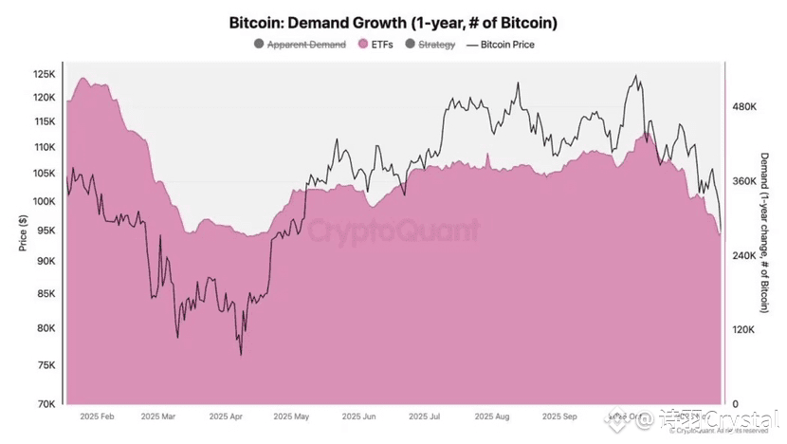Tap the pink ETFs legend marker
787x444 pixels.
(363, 44)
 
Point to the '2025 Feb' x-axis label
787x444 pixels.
(97, 416)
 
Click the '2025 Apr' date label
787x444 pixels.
(227, 416)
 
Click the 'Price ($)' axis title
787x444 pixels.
(23, 233)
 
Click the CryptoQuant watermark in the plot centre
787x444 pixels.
(393, 231)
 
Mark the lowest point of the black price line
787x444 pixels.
(241, 355)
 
